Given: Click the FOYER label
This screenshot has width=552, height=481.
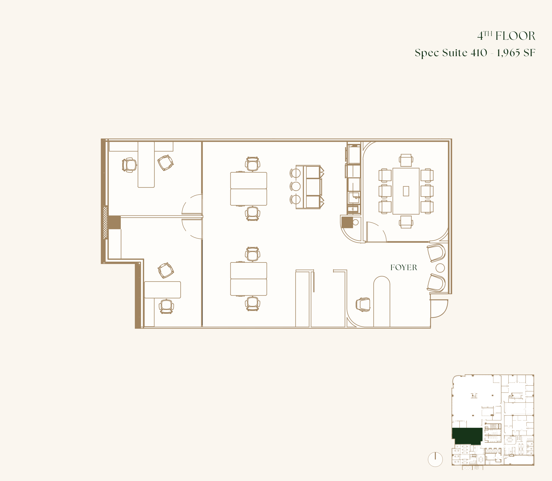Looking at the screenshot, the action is pyautogui.click(x=404, y=267).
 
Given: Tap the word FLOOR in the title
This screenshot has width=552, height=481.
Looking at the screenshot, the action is pyautogui.click(x=515, y=36).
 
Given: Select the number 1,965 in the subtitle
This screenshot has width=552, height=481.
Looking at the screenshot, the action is pyautogui.click(x=509, y=53).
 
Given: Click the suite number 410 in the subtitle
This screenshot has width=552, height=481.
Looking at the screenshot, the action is pyautogui.click(x=479, y=53).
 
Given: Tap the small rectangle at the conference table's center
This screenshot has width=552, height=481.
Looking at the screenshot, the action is pyautogui.click(x=406, y=191).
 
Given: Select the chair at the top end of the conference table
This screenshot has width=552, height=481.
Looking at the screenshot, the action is pyautogui.click(x=406, y=160).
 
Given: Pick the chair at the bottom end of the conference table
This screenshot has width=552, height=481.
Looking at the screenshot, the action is pyautogui.click(x=406, y=222).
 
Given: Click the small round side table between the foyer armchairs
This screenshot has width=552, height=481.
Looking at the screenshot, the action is pyautogui.click(x=440, y=268).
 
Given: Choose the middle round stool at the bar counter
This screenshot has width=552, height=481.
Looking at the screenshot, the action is pyautogui.click(x=295, y=186).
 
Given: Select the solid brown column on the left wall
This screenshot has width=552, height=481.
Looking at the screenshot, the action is pyautogui.click(x=114, y=222).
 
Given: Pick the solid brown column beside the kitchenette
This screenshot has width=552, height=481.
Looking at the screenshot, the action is pyautogui.click(x=347, y=222).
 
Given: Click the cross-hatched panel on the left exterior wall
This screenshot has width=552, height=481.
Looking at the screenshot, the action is pyautogui.click(x=105, y=222).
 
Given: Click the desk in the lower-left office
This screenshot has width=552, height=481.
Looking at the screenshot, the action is pyautogui.click(x=163, y=290).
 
